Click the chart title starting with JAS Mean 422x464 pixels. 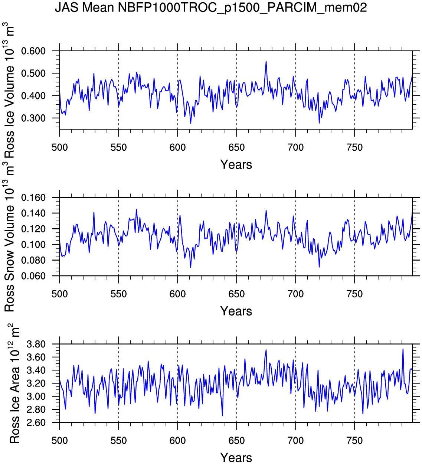[x=211, y=7]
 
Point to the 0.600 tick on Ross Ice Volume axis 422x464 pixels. [x=33, y=51]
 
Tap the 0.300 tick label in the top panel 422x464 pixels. [x=33, y=118]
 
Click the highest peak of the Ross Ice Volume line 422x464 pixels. [x=266, y=62]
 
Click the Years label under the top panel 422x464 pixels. [x=236, y=164]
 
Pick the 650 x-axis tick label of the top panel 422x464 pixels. [x=236, y=148]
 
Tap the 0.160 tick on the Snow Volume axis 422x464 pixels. [x=33, y=198]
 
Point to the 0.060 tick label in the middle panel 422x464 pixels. [x=33, y=276]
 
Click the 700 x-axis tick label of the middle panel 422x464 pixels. [x=295, y=294]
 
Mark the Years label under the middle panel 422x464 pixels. [x=236, y=311]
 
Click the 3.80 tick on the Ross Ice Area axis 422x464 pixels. [x=36, y=344]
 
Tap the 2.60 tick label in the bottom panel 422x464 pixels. [x=36, y=423]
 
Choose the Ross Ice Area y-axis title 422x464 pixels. [x=14, y=384]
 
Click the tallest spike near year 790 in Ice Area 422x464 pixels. [x=403, y=349]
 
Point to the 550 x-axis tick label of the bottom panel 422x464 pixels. [x=118, y=441]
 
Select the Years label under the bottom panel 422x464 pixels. [x=236, y=458]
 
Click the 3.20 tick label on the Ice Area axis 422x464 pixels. [x=36, y=383]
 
